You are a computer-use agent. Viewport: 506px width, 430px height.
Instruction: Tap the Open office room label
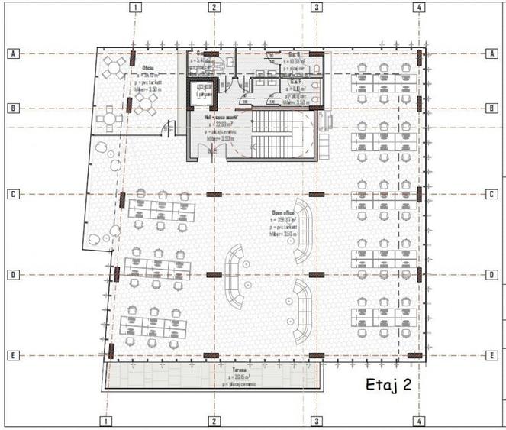(283, 213)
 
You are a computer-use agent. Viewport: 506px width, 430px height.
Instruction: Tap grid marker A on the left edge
(12, 53)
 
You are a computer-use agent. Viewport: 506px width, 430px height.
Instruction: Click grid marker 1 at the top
(134, 8)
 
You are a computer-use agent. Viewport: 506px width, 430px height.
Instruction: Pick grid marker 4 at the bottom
(419, 420)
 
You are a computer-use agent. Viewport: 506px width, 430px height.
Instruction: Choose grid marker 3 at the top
(315, 8)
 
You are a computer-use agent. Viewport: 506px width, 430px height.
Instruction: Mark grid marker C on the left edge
(12, 194)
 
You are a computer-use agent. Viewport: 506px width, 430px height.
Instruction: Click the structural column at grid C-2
(214, 194)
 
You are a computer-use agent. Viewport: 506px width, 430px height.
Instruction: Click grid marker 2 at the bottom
(214, 420)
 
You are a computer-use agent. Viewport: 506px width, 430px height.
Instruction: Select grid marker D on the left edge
(12, 274)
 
